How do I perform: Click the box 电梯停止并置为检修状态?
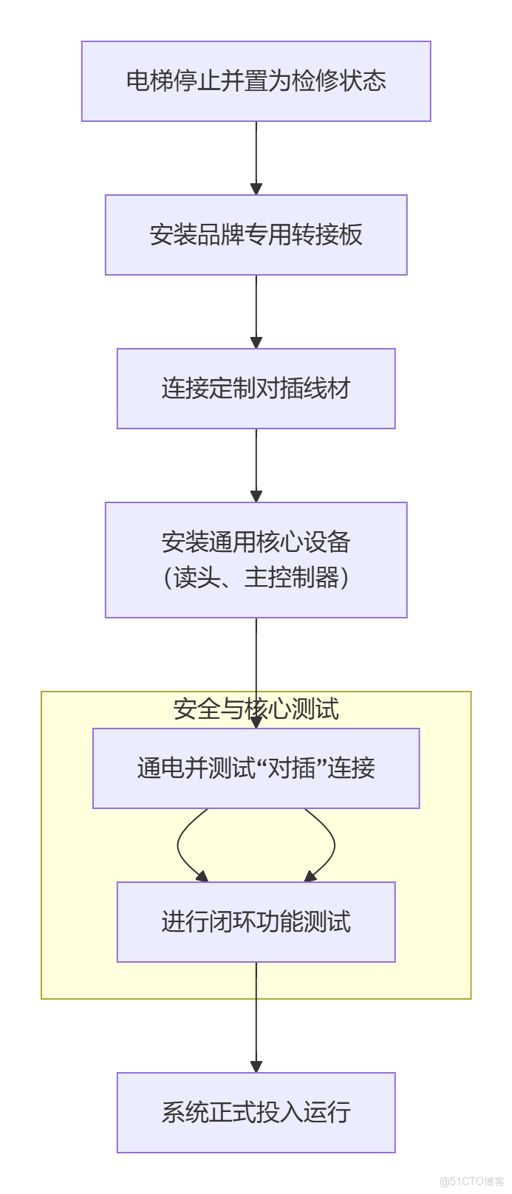click(x=256, y=81)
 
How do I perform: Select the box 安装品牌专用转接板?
click(x=256, y=235)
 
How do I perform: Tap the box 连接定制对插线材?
click(x=256, y=389)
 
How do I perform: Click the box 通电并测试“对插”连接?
click(x=256, y=768)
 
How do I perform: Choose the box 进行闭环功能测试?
click(x=256, y=922)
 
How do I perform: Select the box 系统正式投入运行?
click(x=256, y=1113)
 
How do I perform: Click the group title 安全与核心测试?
click(x=256, y=709)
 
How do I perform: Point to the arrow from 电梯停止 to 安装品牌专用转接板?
click(x=256, y=158)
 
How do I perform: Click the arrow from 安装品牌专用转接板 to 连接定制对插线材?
click(x=256, y=312)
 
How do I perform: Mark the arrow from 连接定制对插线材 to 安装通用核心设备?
click(x=256, y=465)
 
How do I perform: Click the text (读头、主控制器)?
click(x=256, y=577)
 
